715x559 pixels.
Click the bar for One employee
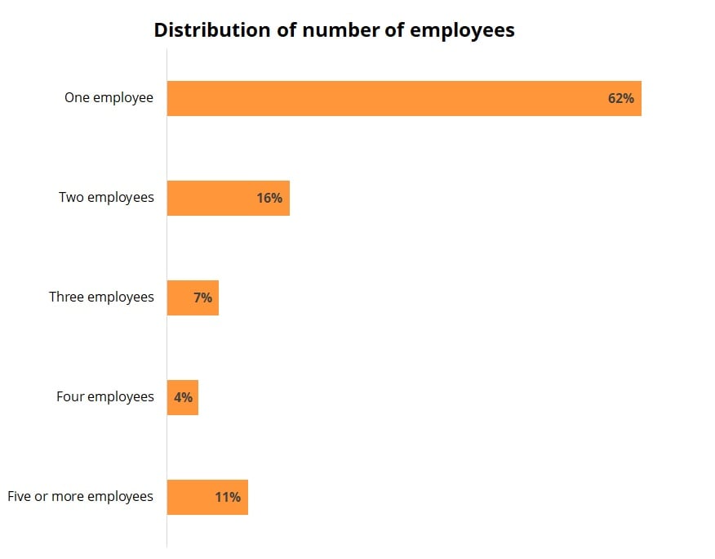point(384,98)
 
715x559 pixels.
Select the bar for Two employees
point(212,198)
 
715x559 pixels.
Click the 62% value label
point(620,98)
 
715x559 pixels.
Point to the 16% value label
point(269,198)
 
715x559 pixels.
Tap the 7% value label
point(202,297)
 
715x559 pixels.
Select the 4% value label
point(183,397)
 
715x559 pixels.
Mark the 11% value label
point(228,497)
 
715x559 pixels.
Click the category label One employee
point(109,98)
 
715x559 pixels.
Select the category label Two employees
point(106,198)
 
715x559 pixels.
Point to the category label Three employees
point(101,297)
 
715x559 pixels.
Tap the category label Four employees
point(104,397)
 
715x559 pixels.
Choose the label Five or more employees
point(80,497)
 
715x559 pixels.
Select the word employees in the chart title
point(462,31)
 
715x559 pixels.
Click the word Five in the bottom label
point(19,497)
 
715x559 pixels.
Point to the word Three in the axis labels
point(66,297)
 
